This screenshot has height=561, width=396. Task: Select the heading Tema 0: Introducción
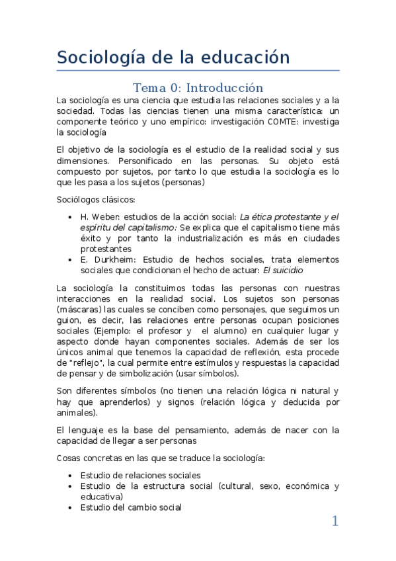point(198,88)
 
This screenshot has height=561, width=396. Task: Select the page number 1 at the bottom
point(335,521)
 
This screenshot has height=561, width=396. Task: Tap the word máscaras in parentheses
point(80,310)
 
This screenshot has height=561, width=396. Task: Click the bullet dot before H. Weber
point(71,217)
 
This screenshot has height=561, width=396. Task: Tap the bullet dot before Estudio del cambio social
point(71,507)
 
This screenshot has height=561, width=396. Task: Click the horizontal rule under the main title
point(198,70)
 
